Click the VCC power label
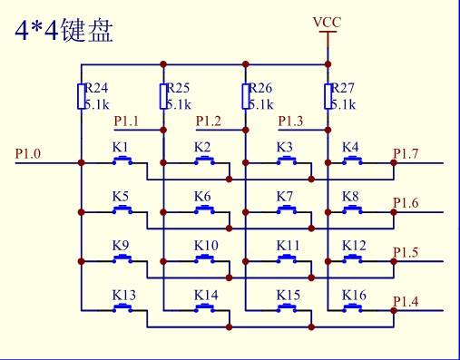(x=327, y=20)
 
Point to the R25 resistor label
(x=177, y=89)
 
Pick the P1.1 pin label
(x=125, y=121)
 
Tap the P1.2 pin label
(x=208, y=121)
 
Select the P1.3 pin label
(x=290, y=121)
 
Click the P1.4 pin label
(x=405, y=300)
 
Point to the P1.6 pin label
(x=405, y=202)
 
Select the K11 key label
(x=287, y=246)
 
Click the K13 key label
(x=124, y=295)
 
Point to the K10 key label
(x=205, y=246)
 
